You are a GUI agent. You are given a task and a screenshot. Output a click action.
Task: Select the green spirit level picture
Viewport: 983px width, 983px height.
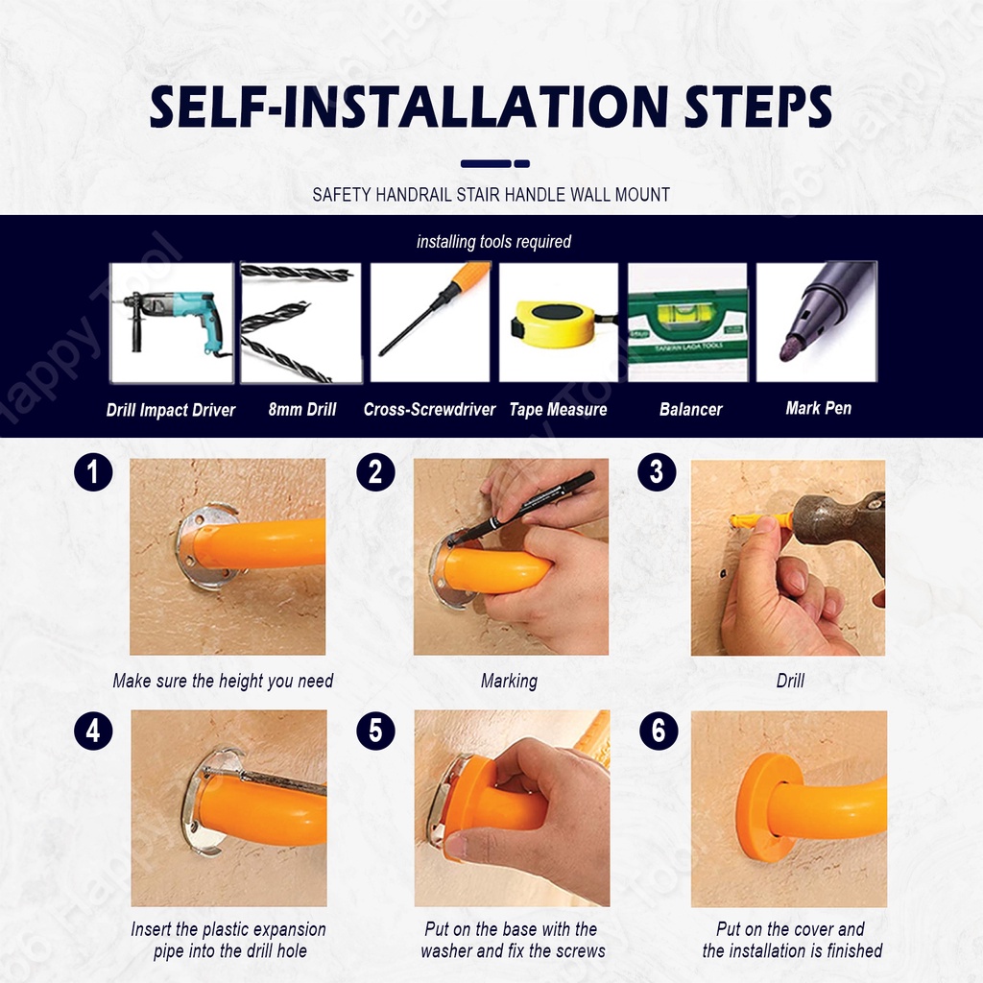click(687, 323)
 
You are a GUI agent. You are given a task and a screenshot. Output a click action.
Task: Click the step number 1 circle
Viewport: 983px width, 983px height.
click(93, 472)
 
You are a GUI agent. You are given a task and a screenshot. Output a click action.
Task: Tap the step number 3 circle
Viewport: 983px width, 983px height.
click(657, 472)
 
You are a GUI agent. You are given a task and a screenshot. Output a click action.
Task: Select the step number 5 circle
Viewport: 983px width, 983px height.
click(375, 731)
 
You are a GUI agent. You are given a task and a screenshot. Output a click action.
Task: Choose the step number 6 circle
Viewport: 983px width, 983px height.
click(659, 731)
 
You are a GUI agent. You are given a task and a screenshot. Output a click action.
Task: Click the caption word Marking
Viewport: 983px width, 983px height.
click(509, 682)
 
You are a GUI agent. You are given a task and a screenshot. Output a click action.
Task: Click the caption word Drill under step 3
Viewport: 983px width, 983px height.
click(790, 681)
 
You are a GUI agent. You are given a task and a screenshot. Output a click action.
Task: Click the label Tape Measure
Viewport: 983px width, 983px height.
click(558, 410)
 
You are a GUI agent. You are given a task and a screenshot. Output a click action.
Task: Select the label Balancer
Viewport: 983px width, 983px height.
click(691, 410)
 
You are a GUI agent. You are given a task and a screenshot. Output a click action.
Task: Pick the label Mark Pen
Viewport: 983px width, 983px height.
click(819, 409)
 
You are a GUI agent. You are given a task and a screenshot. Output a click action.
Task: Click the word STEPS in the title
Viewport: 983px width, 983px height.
click(758, 107)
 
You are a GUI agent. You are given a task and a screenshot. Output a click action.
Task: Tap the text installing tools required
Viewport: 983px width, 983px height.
click(494, 242)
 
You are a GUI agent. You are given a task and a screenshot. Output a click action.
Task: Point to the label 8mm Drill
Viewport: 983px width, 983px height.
click(302, 410)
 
